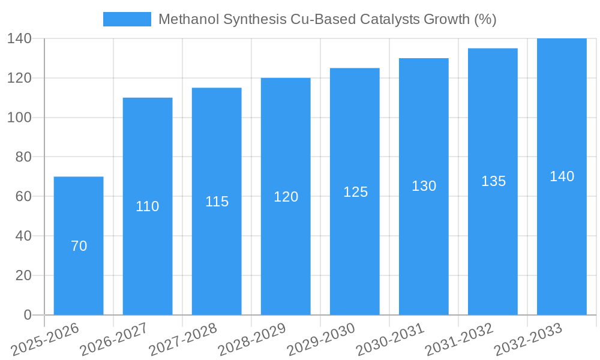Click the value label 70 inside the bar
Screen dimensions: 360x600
[79, 246]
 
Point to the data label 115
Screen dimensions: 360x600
[217, 202]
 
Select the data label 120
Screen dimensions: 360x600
[286, 197]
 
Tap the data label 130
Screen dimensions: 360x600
[424, 186]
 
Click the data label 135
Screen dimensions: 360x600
[493, 181]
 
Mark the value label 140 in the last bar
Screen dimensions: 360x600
[562, 176]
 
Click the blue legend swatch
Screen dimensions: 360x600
[127, 19]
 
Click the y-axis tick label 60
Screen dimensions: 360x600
[23, 196]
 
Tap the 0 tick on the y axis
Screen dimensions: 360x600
[27, 315]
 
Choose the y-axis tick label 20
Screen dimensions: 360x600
[23, 275]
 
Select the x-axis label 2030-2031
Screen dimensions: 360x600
[391, 339]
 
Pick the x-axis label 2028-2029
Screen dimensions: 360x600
[253, 339]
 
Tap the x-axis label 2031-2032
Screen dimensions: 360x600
[460, 339]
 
